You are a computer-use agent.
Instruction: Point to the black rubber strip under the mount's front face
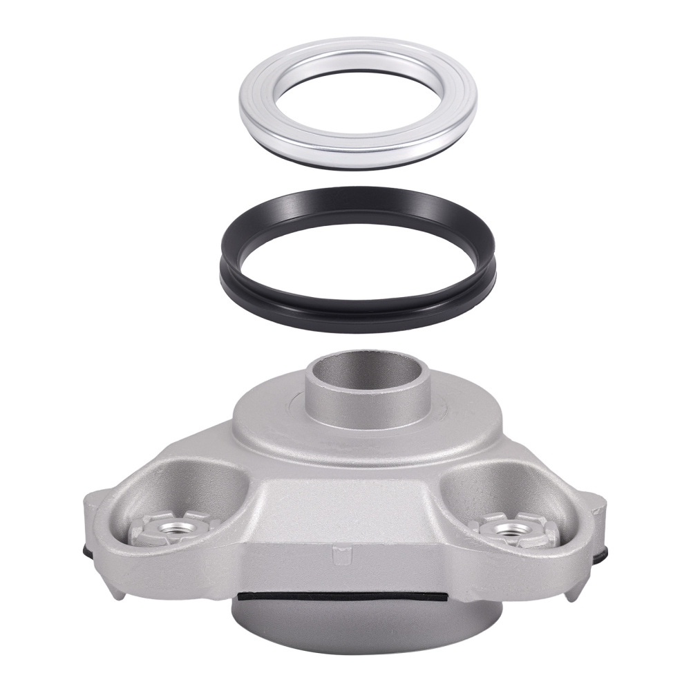point(345,594)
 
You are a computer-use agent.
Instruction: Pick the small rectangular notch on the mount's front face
point(339,552)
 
